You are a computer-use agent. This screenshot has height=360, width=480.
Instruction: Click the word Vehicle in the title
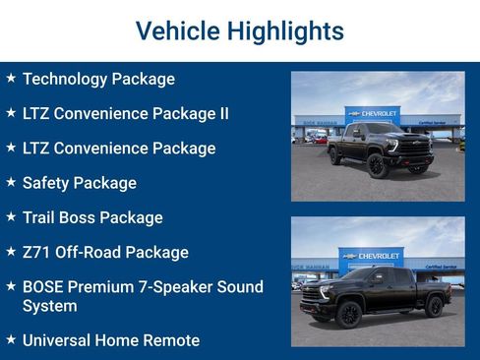click(x=177, y=30)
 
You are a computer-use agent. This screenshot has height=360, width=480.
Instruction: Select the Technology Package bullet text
click(x=98, y=79)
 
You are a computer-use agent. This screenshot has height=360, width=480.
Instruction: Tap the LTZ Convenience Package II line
click(x=125, y=113)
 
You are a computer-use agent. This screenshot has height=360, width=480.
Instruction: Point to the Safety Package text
click(x=79, y=183)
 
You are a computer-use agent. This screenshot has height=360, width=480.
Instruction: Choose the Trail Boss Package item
click(x=92, y=217)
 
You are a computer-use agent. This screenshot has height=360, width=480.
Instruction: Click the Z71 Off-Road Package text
click(x=104, y=252)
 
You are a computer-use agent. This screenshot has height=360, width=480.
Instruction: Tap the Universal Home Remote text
click(x=110, y=340)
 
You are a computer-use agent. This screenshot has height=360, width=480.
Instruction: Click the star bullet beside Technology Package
click(x=11, y=78)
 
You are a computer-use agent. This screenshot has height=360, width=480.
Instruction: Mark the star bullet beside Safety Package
click(x=11, y=182)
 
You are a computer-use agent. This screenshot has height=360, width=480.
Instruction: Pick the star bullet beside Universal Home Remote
click(x=11, y=339)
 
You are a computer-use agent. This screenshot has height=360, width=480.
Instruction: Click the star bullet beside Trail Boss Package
click(x=11, y=216)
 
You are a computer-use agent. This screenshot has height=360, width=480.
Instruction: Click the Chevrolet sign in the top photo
click(x=373, y=113)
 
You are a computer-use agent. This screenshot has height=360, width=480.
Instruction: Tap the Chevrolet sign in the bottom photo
click(x=371, y=255)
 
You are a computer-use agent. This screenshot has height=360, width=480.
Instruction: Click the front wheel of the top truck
click(x=376, y=164)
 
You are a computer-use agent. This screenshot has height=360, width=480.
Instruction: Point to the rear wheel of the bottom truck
click(x=434, y=307)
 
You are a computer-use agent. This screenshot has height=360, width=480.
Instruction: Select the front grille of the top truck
click(x=415, y=147)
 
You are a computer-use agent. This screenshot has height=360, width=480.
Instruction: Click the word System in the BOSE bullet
click(x=50, y=306)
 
